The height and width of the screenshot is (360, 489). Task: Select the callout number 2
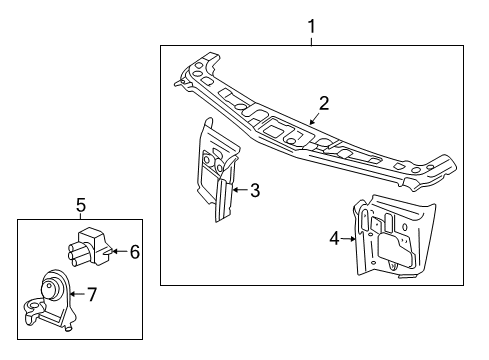pyautogui.click(x=323, y=102)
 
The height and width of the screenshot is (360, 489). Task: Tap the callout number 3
pyautogui.click(x=255, y=189)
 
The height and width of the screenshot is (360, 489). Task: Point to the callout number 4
pyautogui.click(x=334, y=238)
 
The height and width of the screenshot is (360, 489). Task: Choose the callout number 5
pyautogui.click(x=81, y=205)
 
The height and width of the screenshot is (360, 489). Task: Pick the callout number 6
pyautogui.click(x=134, y=251)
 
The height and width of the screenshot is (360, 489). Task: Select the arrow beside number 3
pyautogui.click(x=240, y=189)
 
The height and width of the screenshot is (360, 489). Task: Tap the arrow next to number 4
pyautogui.click(x=350, y=238)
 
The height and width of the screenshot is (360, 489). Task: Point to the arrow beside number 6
pyautogui.click(x=119, y=251)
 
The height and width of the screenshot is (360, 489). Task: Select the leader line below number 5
pyautogui.click(x=81, y=216)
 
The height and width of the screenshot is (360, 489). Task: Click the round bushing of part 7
pyautogui.click(x=47, y=292)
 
